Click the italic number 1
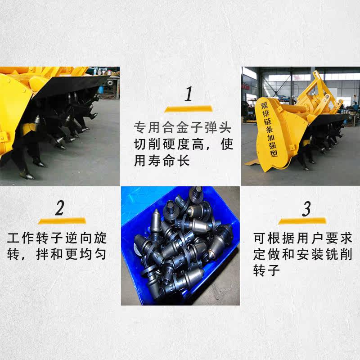pos(189,94)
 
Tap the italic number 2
pos(60,208)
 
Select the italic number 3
pos(306,209)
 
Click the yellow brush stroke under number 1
pos(188,108)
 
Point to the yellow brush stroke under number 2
pos(62,221)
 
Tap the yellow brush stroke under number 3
pos(302,221)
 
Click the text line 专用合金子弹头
pos(183,128)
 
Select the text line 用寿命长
pos(162,160)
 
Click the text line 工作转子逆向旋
pos(57,238)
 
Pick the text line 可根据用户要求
pos(303,238)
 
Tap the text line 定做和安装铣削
pos(303,254)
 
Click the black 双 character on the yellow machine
pos(265,106)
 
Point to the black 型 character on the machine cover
pos(274,153)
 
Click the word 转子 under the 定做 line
pos(266,270)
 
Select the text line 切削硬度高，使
pos(184,144)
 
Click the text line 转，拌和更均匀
pos(57,254)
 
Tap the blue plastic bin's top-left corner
pos(121,187)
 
